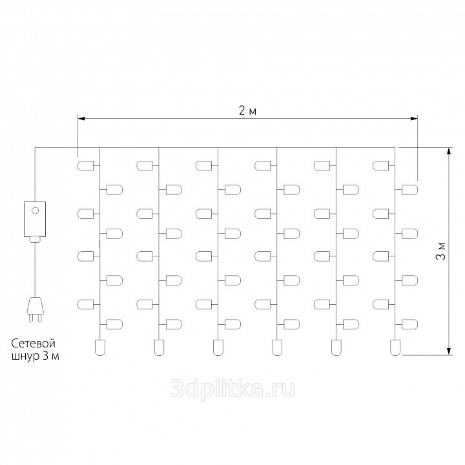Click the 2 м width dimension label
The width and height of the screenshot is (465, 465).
point(247,111)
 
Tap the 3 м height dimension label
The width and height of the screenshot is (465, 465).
point(441,251)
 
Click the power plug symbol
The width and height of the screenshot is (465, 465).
point(35,309)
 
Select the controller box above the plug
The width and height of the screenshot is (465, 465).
point(35,219)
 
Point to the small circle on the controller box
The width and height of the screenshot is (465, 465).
point(35,211)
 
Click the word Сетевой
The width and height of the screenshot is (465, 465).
point(33,344)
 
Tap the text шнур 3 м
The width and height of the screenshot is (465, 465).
point(35,356)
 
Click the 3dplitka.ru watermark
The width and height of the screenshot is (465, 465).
point(232,388)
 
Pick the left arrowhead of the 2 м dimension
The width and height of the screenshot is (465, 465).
point(81,119)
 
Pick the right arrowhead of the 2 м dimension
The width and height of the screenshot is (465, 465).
point(414,119)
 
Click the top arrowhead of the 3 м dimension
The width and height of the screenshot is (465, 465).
point(449,151)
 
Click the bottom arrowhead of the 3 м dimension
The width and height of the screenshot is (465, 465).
point(449,351)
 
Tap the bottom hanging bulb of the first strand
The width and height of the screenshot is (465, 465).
point(100,347)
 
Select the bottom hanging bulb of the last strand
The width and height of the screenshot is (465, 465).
point(395,347)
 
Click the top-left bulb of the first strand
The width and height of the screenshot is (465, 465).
point(85,165)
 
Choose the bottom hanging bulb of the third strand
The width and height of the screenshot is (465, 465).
point(218,347)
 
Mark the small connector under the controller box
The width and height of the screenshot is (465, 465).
point(35,239)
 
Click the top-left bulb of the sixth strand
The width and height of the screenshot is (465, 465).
point(381,165)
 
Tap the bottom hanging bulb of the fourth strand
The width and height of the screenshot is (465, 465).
point(277,347)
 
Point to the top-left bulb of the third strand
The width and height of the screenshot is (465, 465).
point(203,165)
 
